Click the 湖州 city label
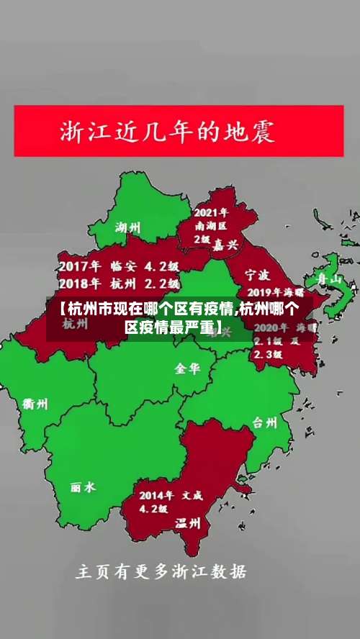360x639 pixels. click(x=127, y=227)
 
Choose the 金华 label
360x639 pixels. click(x=188, y=368)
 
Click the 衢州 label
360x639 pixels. click(x=35, y=404)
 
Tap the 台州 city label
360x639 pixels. click(x=265, y=422)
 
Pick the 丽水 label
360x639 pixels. click(x=83, y=487)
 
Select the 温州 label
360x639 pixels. click(x=188, y=524)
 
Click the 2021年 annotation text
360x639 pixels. click(x=210, y=212)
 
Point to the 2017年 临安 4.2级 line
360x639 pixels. click(x=119, y=265)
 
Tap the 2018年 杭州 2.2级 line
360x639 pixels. click(x=119, y=283)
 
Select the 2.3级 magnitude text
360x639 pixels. click(x=267, y=354)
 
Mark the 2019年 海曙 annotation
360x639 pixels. click(x=275, y=293)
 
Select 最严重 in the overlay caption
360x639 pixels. click(x=184, y=327)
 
